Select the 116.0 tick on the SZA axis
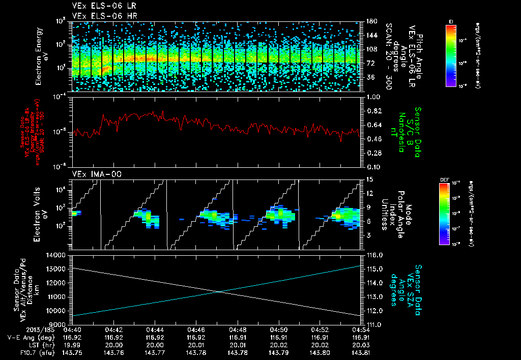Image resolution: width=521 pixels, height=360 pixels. (374, 255)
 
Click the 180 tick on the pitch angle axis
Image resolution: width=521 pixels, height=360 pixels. (370, 21)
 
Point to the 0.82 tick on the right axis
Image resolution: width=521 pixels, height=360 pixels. (374, 111)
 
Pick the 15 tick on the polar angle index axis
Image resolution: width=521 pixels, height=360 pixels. (370, 179)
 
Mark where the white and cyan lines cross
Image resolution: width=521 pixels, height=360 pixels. (219, 291)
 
